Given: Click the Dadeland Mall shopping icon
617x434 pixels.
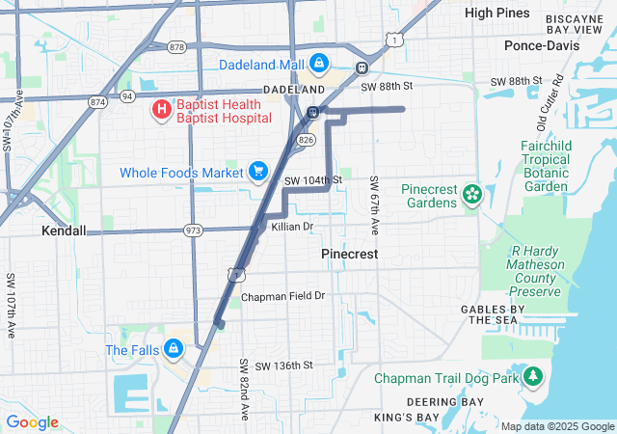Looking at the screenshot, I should click(319, 65).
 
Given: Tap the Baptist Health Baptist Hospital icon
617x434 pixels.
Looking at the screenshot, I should click(160, 110).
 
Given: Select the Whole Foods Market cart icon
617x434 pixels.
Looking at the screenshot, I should click(257, 172).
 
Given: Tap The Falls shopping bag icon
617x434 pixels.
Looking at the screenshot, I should click(174, 349).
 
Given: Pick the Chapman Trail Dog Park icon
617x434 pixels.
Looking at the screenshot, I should click(532, 378).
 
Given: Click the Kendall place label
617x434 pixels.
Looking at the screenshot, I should click(64, 231).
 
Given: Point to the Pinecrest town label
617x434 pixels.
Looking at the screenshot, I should click(348, 253).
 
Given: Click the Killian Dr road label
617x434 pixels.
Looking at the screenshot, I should click(293, 227).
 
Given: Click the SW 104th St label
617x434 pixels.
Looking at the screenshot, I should click(313, 180).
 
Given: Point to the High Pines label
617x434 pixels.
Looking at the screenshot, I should click(497, 13).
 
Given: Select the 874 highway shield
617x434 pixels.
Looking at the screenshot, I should click(98, 100).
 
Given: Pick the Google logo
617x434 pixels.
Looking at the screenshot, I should click(33, 422).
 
